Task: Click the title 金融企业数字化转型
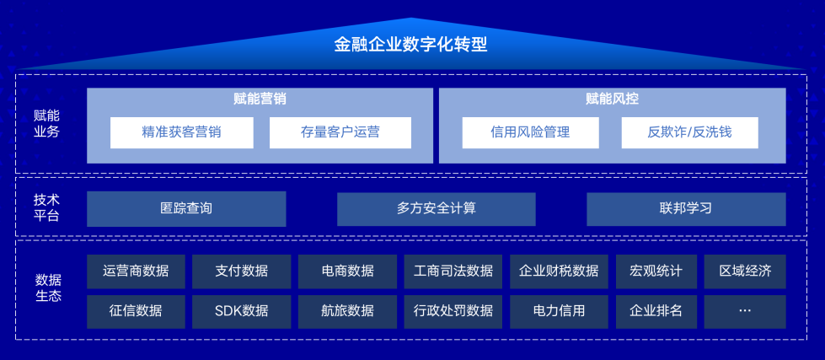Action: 411,44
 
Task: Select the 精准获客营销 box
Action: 182,132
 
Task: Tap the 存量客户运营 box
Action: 340,132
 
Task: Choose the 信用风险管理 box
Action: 530,132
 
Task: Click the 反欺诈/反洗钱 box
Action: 689,132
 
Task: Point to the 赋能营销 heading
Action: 260,99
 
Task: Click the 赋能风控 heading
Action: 612,99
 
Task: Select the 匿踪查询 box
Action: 186,208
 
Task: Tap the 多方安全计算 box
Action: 436,208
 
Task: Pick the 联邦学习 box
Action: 686,208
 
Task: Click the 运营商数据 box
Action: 136,271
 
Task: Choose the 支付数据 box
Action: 242,271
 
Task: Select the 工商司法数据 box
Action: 453,271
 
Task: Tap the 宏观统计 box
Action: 656,271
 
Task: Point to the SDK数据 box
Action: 242,311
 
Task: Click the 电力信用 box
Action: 559,311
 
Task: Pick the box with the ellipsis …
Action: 745,311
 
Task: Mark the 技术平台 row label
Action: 47,208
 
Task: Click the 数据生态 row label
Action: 48,287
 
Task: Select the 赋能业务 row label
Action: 47,124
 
